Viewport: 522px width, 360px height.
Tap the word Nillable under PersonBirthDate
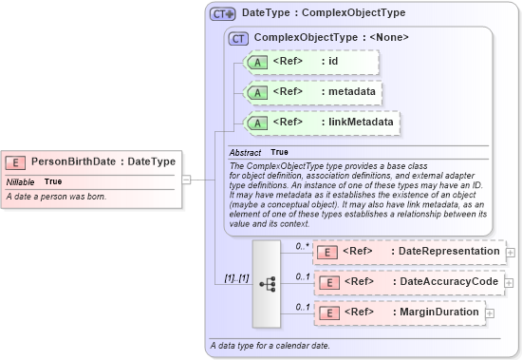21,181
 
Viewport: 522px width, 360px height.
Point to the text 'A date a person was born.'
57,197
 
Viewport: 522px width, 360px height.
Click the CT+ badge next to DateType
223,14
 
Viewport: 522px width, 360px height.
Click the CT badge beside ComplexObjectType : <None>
240,38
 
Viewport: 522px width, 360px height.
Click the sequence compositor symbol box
267,282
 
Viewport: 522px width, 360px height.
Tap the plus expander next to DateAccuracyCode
510,282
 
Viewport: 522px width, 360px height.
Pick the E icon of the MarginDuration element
327,313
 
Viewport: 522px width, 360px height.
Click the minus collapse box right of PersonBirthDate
187,178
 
